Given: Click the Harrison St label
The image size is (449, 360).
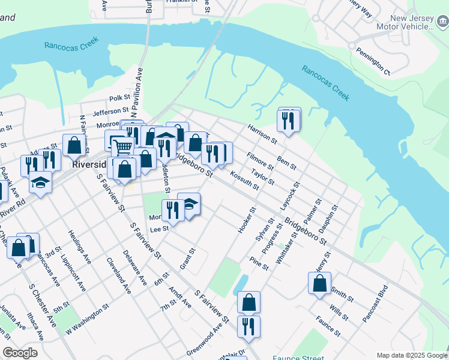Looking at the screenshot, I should click(262, 134).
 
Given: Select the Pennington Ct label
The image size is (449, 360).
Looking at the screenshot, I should click(373, 62).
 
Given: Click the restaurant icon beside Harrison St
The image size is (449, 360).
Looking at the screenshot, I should click(289, 121).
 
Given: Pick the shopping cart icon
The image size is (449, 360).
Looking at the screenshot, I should click(122, 146).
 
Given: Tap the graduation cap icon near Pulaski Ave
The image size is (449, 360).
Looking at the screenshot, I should click(40, 182).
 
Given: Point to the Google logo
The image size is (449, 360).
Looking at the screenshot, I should click(20, 353).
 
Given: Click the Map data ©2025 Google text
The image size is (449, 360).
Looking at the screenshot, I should click(411, 355).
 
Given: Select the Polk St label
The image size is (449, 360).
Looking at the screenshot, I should click(119, 98).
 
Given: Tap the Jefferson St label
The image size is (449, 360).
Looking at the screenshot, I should click(110, 111).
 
